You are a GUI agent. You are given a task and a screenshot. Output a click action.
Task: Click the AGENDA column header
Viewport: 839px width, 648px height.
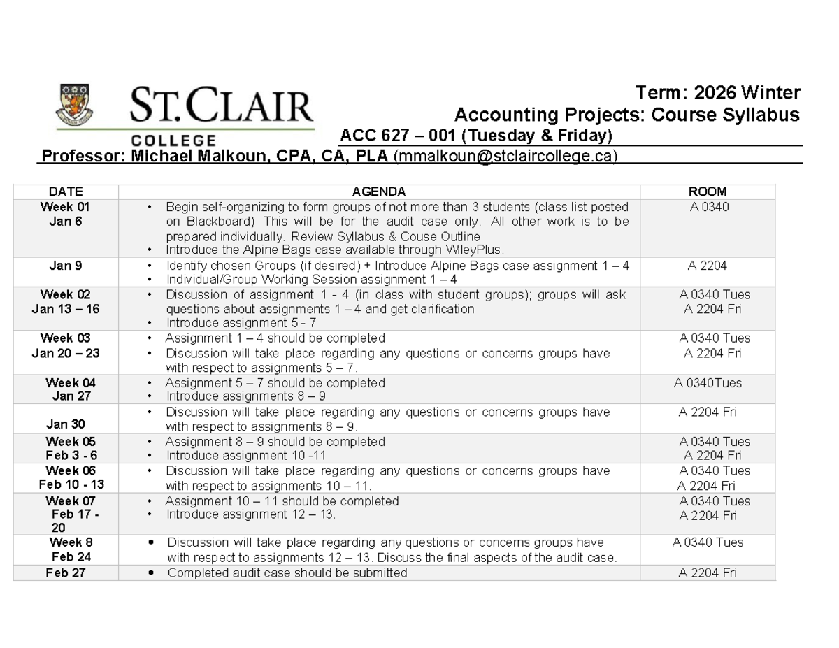point(378,192)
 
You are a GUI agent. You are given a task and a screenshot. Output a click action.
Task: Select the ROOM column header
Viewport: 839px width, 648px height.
point(708,192)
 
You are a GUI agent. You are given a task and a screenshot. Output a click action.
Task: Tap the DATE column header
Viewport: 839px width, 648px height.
point(65,192)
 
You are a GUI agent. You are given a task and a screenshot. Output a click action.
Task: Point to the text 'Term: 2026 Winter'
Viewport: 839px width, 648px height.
point(716,94)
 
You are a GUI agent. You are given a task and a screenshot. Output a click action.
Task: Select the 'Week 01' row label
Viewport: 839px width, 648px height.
point(65,207)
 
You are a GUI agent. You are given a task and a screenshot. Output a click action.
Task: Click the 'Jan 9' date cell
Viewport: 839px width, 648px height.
point(65,266)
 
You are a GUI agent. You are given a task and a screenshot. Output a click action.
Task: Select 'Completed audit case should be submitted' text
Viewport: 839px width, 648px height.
point(287,573)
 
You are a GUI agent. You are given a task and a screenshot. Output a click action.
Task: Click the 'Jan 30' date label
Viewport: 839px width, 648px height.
point(66,424)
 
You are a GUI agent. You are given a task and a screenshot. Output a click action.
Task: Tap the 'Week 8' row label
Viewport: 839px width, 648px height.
point(71,542)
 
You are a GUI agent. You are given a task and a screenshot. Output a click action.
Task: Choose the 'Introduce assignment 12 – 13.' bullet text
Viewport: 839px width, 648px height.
point(250,515)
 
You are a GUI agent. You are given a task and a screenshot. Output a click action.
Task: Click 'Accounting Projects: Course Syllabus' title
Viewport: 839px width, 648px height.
point(627,115)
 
